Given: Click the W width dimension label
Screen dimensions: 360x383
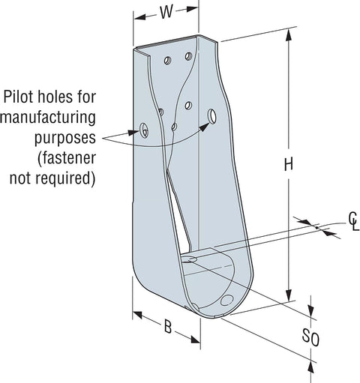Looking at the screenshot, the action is [166, 12].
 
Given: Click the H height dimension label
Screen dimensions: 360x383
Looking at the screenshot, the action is [289, 165].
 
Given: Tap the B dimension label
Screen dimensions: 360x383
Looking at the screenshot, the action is [168, 327].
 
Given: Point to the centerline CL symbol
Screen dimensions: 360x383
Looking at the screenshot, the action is [354, 221].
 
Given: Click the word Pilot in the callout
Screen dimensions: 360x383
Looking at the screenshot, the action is [19, 97].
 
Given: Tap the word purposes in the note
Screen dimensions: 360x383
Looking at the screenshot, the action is [65, 138].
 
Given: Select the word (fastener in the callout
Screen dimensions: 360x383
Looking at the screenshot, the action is [67, 158].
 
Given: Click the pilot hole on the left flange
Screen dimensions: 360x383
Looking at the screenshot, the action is [144, 130].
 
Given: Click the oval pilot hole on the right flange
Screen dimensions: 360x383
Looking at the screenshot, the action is [212, 116].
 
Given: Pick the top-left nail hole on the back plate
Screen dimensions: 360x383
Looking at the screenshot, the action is [168, 60].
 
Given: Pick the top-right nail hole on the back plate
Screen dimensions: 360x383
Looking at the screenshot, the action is [189, 56].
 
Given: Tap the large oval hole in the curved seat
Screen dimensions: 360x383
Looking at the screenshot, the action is [227, 300].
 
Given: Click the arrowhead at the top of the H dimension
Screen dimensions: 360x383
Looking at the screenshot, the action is [289, 34].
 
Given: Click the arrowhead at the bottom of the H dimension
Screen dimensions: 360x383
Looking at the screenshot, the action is [289, 295].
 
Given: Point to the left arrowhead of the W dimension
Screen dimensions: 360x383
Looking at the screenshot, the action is [139, 17].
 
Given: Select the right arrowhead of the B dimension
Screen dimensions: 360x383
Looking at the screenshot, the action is [195, 340].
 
